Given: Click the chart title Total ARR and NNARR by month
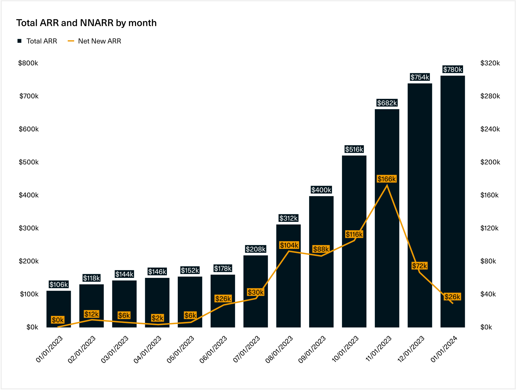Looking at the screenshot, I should [86, 23].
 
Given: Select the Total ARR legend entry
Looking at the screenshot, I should [37, 41].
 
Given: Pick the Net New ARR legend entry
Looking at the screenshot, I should [95, 41].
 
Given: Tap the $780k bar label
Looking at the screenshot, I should [453, 69].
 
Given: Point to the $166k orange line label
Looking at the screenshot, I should [387, 179].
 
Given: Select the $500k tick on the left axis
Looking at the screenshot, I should [29, 162].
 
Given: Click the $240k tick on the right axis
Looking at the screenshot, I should [490, 129].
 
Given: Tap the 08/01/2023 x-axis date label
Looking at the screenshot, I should [279, 349].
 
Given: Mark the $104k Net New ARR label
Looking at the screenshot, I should [289, 245].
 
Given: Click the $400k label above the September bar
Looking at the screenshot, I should [321, 190].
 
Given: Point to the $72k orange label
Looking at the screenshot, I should [420, 266].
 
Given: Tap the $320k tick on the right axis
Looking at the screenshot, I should [490, 63].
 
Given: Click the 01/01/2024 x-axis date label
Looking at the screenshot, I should [444, 349].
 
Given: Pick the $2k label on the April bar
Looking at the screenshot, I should [158, 318].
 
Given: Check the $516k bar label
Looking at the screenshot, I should [354, 149].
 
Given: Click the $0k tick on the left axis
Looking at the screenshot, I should [32, 327].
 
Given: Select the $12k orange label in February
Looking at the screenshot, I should [92, 314].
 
